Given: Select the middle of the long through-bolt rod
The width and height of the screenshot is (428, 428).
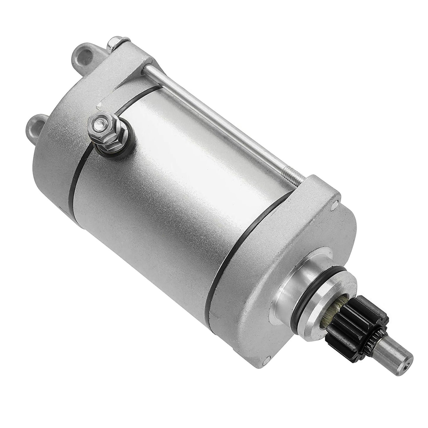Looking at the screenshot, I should [207, 118].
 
